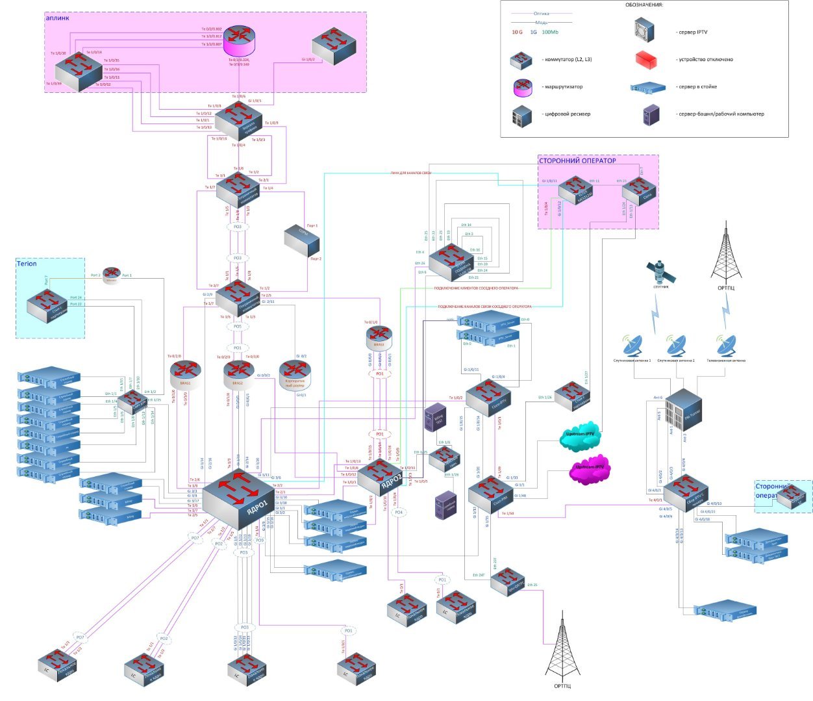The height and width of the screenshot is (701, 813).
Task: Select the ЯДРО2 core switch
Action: point(385,478)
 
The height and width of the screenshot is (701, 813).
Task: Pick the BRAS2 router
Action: point(239,372)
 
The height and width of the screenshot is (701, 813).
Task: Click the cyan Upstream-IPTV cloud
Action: point(580,440)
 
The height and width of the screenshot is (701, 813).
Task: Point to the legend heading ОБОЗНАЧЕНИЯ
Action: point(644,5)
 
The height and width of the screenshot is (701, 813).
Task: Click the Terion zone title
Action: point(27,264)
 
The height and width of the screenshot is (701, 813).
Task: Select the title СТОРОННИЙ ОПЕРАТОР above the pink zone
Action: point(577,160)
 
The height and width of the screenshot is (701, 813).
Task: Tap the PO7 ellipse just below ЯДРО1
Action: point(195,538)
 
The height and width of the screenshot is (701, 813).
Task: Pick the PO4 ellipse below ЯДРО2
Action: point(399,513)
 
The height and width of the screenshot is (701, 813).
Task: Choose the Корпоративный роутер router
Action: point(295,372)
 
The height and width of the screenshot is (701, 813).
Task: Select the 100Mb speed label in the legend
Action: point(550,32)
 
